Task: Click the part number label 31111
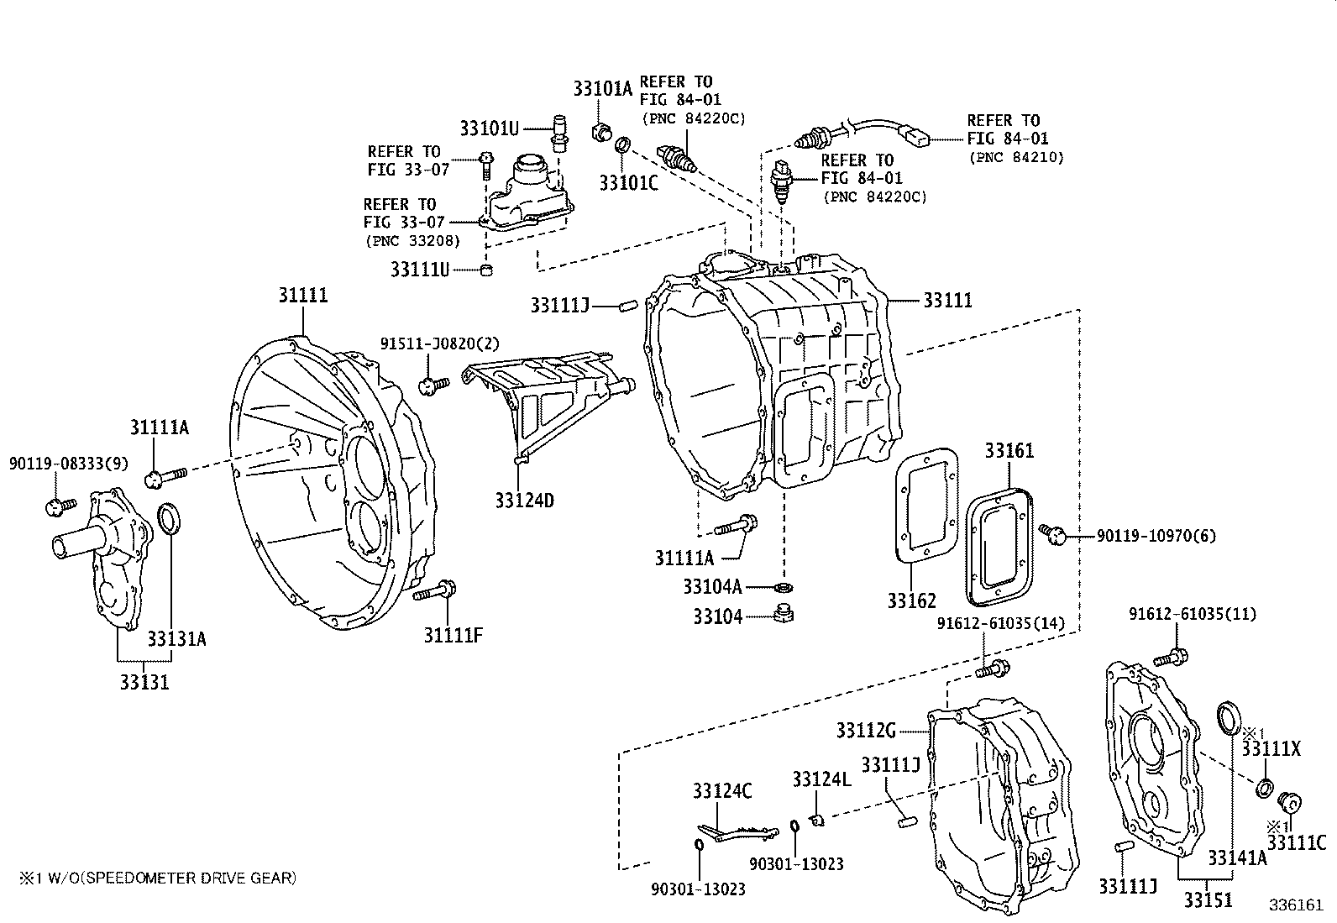[x=303, y=296]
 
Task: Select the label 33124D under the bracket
[x=524, y=501]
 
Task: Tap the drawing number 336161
[x=1295, y=905]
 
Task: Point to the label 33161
[x=1009, y=451]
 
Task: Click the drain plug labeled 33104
[x=784, y=613]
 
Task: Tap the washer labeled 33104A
[x=783, y=585]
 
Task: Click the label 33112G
[x=866, y=730]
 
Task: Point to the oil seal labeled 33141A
[x=1230, y=718]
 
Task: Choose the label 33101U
[x=490, y=128]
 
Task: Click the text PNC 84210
[x=1015, y=157]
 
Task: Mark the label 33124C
[x=721, y=790]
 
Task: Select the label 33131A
[x=176, y=639]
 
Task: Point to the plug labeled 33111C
[x=1288, y=802]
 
